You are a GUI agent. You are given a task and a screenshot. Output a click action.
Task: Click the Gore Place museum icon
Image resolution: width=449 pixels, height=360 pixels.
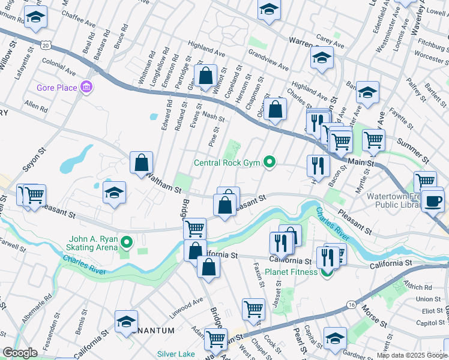[x=86, y=88]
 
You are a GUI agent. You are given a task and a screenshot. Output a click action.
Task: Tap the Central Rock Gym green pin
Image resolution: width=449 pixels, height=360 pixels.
[x=270, y=162]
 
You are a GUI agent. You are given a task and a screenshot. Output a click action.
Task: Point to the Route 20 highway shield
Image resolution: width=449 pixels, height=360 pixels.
[x=47, y=45]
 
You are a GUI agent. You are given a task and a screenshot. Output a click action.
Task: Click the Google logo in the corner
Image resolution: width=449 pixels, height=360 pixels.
[x=20, y=353]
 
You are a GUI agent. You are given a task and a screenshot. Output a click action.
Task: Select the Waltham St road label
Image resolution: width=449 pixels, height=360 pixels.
[x=163, y=182]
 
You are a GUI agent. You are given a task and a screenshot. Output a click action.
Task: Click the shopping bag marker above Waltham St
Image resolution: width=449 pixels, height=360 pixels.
[x=141, y=162]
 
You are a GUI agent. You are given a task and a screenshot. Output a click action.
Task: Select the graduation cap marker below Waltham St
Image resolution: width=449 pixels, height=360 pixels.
[x=114, y=193]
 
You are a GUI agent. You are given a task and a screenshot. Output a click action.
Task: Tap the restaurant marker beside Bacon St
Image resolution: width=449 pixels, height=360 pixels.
[x=318, y=166]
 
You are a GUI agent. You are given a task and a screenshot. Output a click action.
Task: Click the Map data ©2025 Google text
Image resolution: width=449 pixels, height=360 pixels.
[x=412, y=355]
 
